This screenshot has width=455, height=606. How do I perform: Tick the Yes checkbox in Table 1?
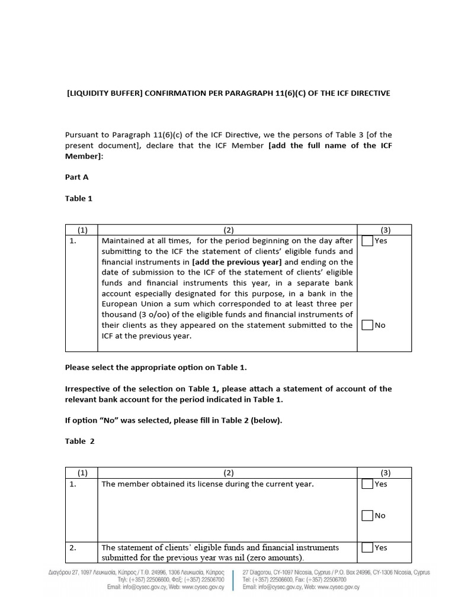(367, 241)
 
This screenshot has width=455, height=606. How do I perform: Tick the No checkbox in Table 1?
(367, 325)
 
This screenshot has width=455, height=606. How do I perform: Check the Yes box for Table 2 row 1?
(367, 483)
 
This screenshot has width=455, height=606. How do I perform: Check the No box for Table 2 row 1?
(367, 515)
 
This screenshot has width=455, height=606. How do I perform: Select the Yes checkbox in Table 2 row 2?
(367, 547)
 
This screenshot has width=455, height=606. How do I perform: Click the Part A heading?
(76, 176)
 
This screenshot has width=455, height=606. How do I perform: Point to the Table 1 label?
(78, 198)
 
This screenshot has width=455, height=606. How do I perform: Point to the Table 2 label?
(79, 441)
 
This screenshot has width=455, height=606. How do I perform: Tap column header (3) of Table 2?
(386, 473)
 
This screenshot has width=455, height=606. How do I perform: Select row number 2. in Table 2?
(73, 547)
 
